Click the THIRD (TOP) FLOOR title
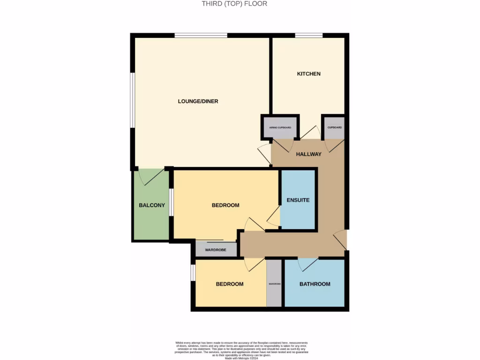coord(234,4)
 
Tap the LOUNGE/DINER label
coord(198,101)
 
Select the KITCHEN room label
coord(308,74)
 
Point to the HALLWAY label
coord(308,154)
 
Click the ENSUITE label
coord(298,200)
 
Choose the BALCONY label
coord(151,205)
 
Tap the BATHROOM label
coord(315,284)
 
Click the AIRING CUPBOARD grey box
coord(280,127)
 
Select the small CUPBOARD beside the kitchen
coord(335,127)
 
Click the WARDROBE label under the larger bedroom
coord(216,250)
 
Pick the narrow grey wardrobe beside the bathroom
coord(274,283)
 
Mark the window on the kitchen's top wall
coord(308,35)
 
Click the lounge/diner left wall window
coord(133,100)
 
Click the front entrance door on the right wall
coord(341,240)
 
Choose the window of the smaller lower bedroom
coord(193,273)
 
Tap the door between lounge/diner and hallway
coord(264,155)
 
